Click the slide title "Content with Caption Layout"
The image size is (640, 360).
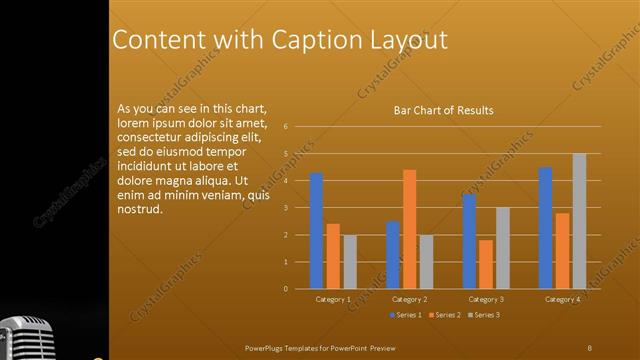279,39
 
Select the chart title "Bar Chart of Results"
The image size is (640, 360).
442,110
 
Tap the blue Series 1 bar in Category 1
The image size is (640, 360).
316,230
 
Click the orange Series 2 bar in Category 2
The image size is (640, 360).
409,229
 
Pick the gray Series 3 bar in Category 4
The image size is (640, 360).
579,221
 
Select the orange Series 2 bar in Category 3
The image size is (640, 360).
486,264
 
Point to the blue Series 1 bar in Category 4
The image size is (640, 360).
545,228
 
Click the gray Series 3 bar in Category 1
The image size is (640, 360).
350,262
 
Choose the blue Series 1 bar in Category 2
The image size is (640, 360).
392,255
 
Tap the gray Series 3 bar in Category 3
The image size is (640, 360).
503,248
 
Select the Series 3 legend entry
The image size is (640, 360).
484,315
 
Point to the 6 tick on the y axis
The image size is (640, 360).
286,127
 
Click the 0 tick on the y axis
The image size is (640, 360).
286,289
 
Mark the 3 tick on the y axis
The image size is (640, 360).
286,208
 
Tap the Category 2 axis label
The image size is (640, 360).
409,299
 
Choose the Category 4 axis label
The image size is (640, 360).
562,299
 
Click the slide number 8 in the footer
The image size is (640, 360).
589,347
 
